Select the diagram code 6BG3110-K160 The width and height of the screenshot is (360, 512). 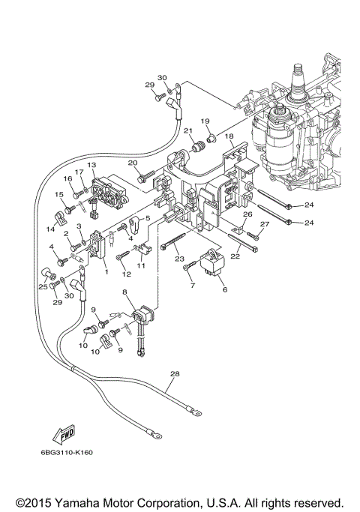point(67,452)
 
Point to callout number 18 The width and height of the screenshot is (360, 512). point(230,137)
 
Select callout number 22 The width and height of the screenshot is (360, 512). point(235,256)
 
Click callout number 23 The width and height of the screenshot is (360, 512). point(179,259)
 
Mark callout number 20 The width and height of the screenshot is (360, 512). point(132,163)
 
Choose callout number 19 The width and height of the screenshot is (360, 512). point(204,121)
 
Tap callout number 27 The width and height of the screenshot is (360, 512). point(263,223)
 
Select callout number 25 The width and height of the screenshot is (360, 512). point(43,286)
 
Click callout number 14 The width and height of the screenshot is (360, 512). point(51,229)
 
